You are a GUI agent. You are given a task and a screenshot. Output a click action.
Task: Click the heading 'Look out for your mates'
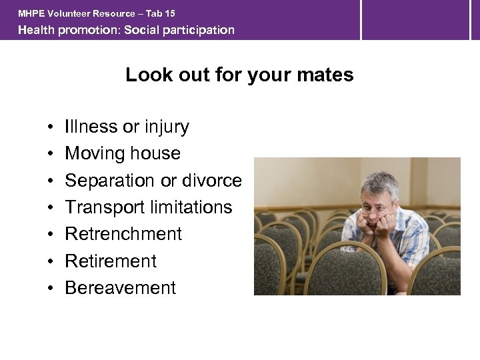(239, 75)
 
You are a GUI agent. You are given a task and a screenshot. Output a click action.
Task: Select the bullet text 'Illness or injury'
(127, 127)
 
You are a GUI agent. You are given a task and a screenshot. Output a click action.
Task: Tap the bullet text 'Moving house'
(123, 153)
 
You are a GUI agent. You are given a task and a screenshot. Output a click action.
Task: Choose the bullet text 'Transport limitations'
(148, 207)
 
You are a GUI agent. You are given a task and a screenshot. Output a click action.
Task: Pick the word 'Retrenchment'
(123, 234)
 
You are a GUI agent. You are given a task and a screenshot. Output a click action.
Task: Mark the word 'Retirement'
(111, 261)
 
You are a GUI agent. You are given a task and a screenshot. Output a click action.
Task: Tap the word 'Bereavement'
(120, 288)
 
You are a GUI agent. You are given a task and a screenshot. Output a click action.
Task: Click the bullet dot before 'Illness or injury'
(51, 127)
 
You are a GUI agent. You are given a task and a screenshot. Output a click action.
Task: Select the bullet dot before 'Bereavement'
(51, 289)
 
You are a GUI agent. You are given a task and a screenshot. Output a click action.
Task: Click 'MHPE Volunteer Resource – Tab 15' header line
(97, 13)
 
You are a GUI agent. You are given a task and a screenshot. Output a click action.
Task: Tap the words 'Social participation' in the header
(179, 30)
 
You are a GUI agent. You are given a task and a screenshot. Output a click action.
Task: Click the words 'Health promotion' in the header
(67, 30)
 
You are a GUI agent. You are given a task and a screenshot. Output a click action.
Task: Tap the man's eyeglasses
(376, 209)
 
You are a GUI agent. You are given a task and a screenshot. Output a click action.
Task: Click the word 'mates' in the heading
(326, 75)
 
